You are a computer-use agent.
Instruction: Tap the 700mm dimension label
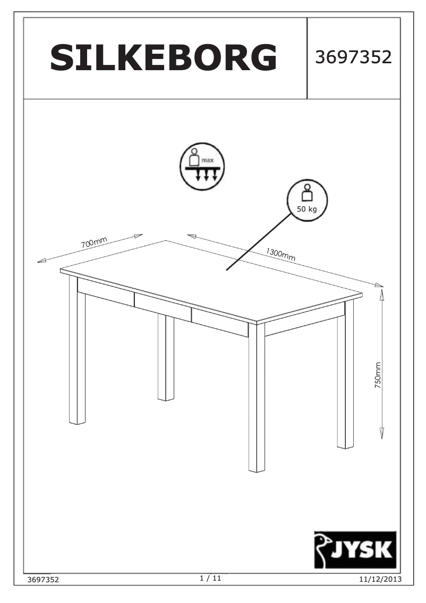94,244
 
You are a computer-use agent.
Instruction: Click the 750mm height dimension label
378,376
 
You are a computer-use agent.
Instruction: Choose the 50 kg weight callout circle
307,200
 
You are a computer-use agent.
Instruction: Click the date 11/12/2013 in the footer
380,579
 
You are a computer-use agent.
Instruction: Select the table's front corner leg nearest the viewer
257,399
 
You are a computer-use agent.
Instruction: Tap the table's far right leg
345,378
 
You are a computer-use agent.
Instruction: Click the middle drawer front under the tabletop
163,307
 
